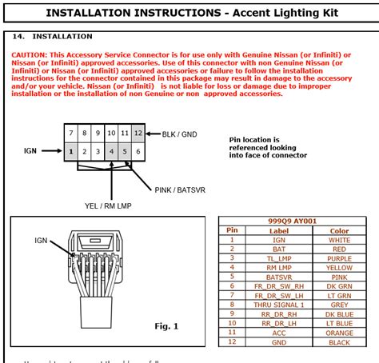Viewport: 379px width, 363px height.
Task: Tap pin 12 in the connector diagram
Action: pyautogui.click(x=138, y=133)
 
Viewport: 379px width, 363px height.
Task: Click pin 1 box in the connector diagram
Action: pyautogui.click(x=71, y=150)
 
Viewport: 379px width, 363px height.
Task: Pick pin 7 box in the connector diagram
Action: pyautogui.click(x=71, y=133)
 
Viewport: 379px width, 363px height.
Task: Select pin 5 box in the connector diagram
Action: pyautogui.click(x=125, y=150)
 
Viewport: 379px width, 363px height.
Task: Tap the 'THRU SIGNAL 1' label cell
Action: pyautogui.click(x=278, y=304)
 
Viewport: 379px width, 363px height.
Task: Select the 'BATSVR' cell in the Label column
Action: pyautogui.click(x=278, y=276)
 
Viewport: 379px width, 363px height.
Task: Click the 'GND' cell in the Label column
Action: pyautogui.click(x=278, y=341)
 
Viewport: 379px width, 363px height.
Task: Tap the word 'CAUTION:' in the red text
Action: pyautogui.click(x=30, y=54)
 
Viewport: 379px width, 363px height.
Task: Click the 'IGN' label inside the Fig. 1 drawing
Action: pyautogui.click(x=41, y=240)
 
